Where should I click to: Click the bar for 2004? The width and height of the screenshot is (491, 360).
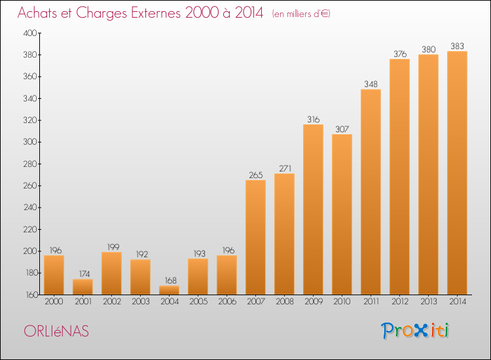click(169, 290)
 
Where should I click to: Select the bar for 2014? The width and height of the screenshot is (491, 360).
click(457, 173)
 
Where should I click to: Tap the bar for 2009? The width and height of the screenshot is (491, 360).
click(313, 209)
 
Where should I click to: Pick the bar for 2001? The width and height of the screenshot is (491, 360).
click(82, 287)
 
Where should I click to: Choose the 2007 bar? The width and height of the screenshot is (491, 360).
click(255, 238)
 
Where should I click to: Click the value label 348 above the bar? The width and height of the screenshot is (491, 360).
click(371, 84)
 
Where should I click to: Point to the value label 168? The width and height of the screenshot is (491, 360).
click(171, 280)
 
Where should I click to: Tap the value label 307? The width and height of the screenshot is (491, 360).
click(342, 129)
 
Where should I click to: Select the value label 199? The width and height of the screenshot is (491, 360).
click(113, 247)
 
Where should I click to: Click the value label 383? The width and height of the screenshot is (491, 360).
click(457, 46)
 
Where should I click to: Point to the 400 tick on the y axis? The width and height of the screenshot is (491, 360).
click(30, 33)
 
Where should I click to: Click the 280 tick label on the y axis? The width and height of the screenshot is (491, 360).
click(30, 164)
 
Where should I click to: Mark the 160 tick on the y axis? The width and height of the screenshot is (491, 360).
click(31, 295)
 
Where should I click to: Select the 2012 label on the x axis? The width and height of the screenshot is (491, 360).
click(400, 301)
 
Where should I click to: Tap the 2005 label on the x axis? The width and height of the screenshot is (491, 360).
click(198, 301)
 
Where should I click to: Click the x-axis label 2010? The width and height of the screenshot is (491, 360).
click(342, 301)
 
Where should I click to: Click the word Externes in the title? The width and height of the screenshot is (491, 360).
click(156, 13)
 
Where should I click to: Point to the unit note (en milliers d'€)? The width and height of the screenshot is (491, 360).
click(301, 14)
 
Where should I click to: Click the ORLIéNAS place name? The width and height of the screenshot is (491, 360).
click(56, 331)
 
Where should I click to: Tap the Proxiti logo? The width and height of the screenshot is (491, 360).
click(415, 331)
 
